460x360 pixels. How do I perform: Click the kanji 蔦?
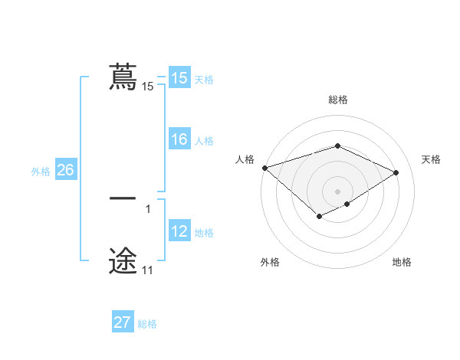point(123,77)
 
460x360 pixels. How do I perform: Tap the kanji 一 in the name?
point(123,198)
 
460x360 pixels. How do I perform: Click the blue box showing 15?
point(179,78)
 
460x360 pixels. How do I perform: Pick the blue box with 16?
point(179,140)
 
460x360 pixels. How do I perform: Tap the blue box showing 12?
point(179,232)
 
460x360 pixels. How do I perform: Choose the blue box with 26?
point(65,170)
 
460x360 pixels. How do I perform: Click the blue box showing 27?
point(122,322)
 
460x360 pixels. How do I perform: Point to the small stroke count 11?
point(147,270)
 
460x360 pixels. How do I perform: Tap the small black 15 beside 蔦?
point(147,87)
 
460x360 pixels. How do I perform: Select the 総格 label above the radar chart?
point(337,100)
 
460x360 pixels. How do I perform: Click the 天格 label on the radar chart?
point(431,159)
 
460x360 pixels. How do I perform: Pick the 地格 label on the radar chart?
point(402,262)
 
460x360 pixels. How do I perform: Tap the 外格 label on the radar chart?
point(269,262)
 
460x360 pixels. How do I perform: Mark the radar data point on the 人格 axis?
point(264,167)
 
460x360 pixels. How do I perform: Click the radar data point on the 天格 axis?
point(396,172)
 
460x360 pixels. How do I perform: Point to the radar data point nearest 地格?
point(347,204)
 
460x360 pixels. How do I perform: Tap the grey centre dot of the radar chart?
point(337,191)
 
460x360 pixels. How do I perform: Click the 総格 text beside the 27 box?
point(147,324)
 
